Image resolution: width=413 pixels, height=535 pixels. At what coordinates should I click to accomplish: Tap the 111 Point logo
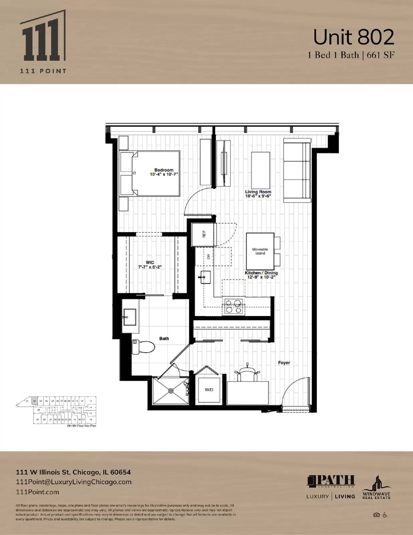click(43, 42)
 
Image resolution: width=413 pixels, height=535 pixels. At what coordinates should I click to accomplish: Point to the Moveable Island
click(260, 251)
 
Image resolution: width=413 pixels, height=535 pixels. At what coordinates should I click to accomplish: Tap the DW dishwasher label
click(209, 257)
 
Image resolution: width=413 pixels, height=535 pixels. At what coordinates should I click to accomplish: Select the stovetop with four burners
click(233, 307)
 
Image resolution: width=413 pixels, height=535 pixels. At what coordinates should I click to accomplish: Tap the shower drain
click(171, 391)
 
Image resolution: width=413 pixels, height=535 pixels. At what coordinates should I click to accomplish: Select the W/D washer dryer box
click(209, 390)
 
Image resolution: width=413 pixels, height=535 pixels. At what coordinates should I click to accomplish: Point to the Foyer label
click(284, 362)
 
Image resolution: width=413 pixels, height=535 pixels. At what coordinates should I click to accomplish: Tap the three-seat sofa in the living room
click(297, 171)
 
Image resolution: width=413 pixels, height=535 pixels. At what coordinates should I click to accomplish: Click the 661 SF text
click(381, 55)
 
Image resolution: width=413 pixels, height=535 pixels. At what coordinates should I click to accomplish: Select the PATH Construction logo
click(331, 481)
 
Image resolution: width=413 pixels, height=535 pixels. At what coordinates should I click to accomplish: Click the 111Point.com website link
click(37, 492)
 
